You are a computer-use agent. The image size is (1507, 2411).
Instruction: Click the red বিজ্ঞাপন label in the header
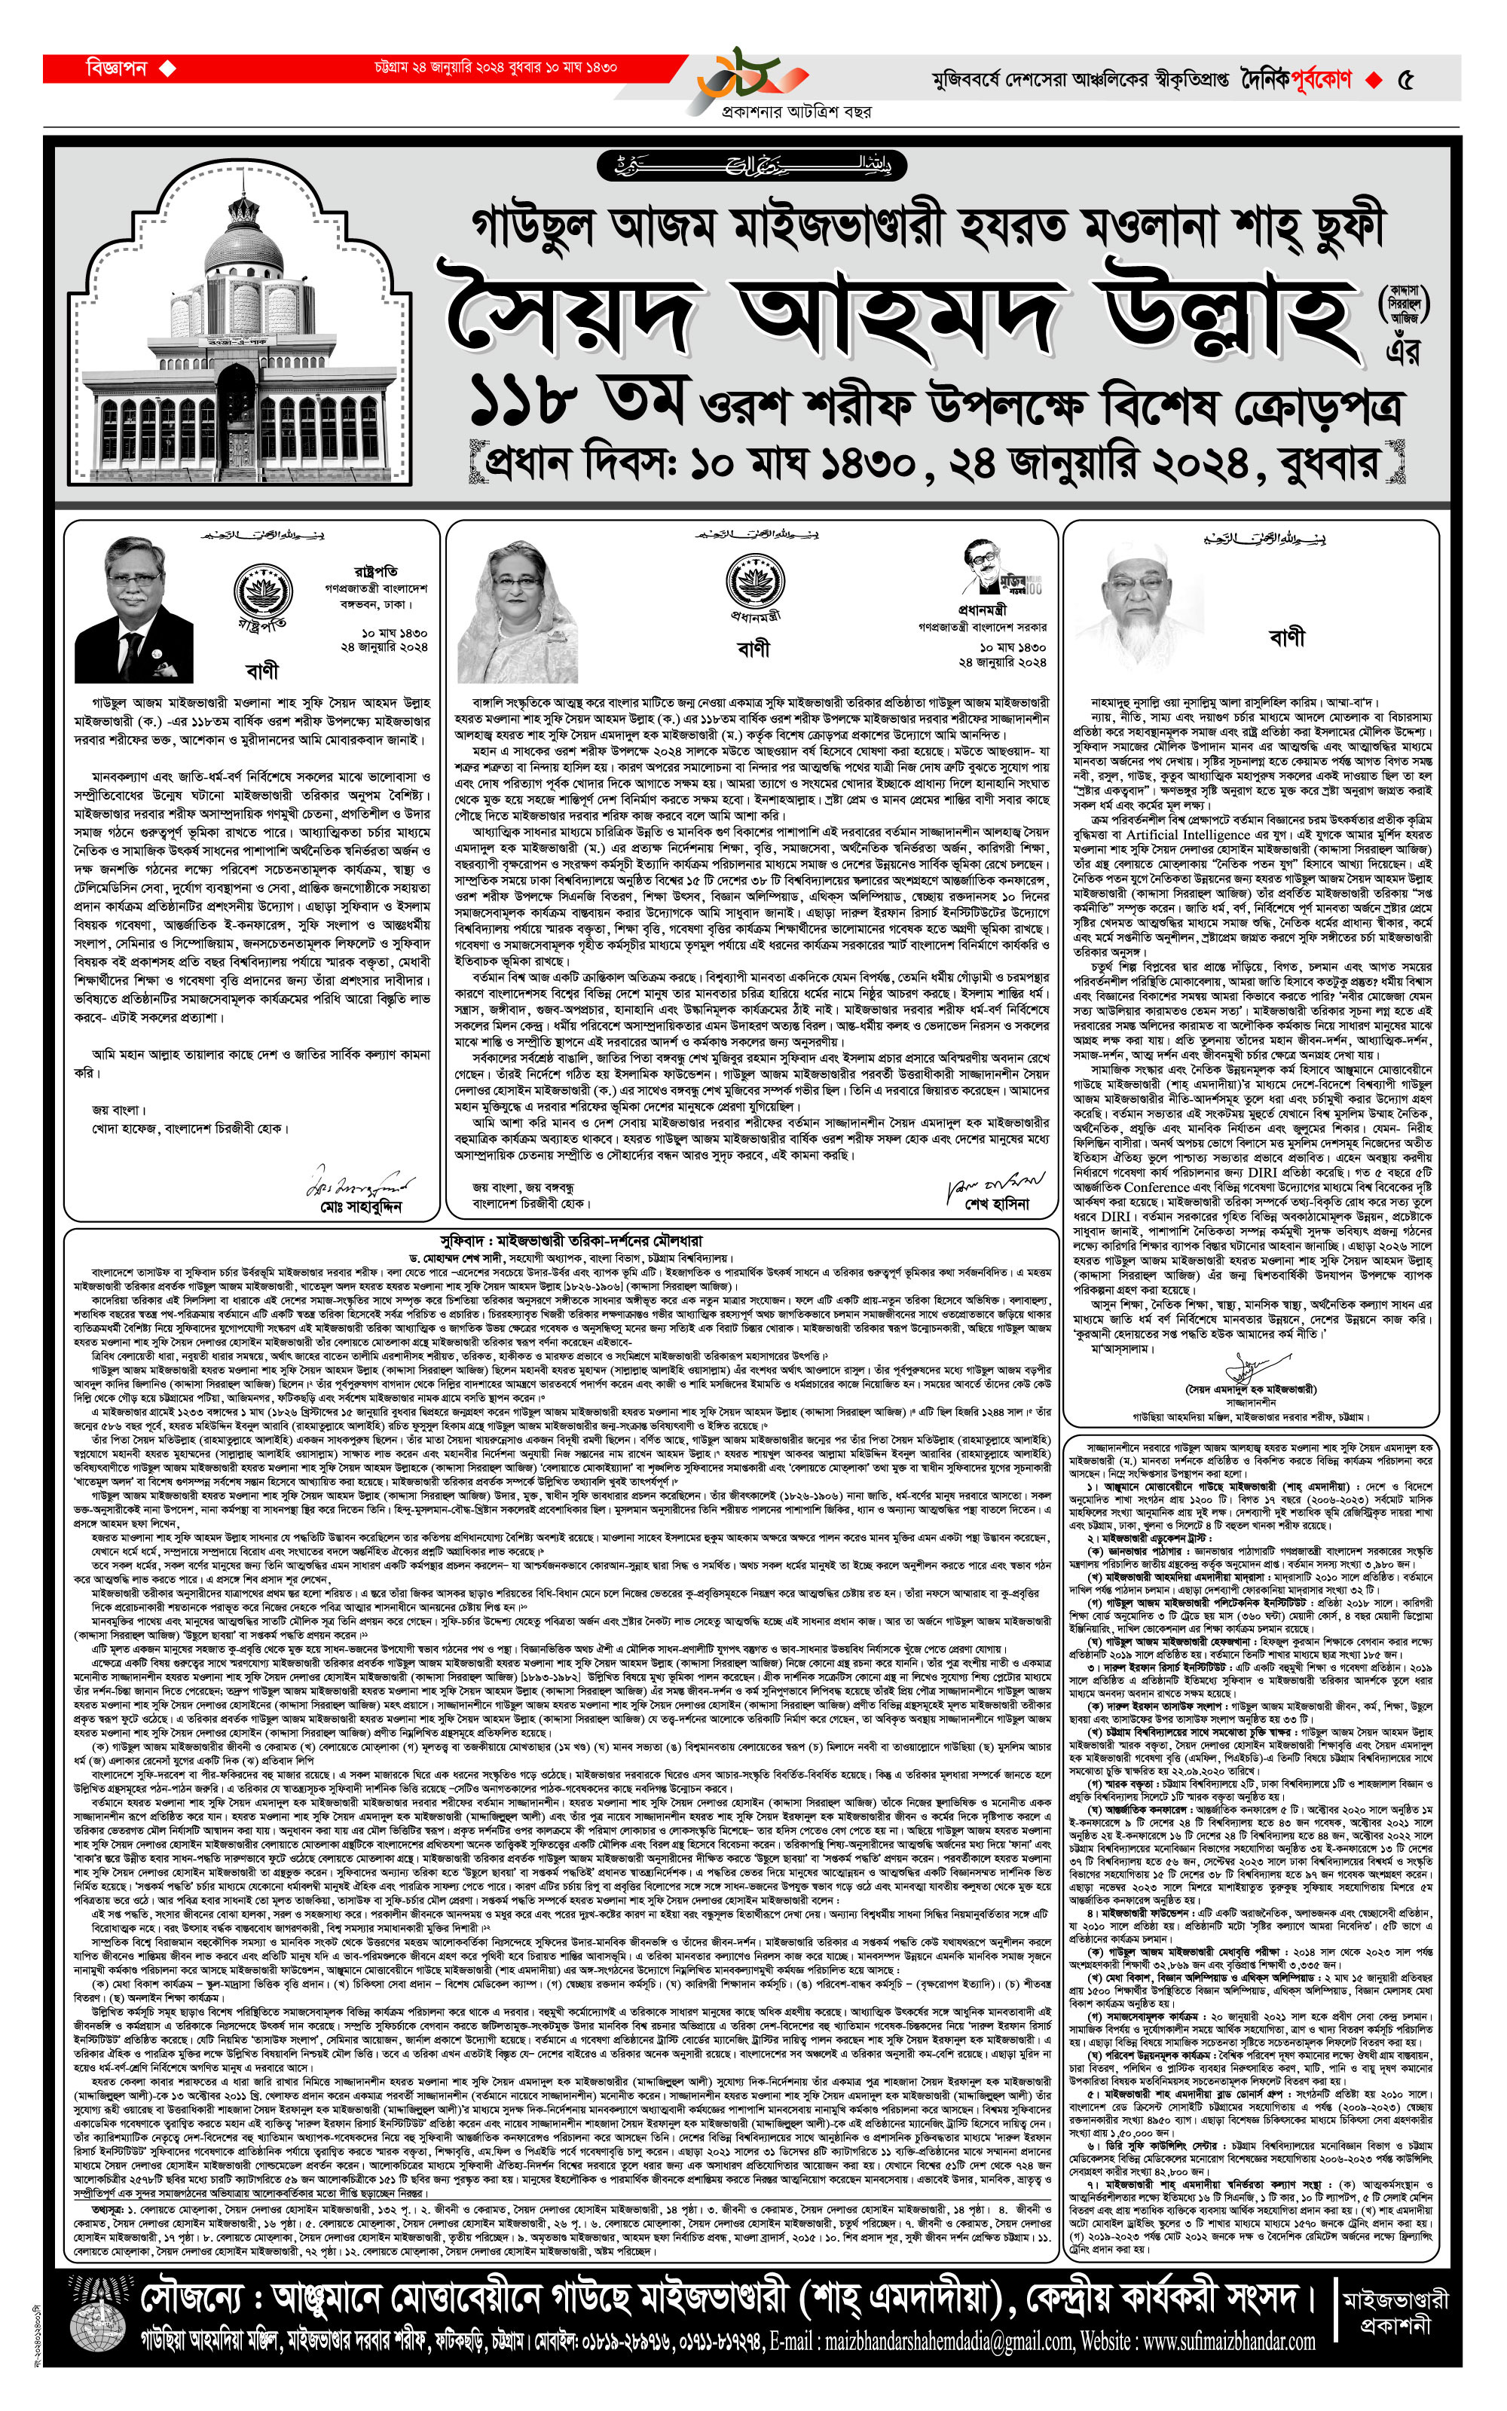[117, 69]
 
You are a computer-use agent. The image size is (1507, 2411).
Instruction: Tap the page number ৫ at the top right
[1405, 81]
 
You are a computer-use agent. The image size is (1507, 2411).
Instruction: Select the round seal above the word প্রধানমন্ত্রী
[753, 581]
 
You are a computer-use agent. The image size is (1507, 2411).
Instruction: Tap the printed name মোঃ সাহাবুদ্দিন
[362, 1206]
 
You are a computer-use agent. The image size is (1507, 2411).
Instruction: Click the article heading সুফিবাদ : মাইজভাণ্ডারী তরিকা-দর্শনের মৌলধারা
[571, 1242]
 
